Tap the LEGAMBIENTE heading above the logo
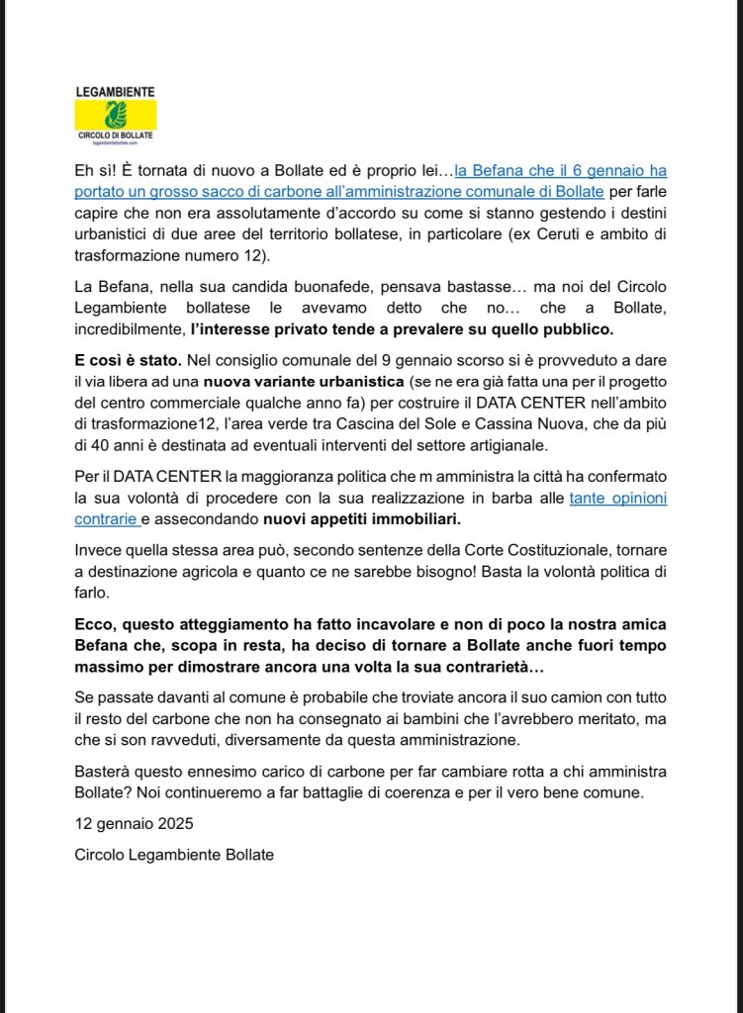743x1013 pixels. click(115, 91)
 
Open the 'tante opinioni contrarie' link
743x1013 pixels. click(618, 499)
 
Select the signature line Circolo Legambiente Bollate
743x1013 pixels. click(174, 854)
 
